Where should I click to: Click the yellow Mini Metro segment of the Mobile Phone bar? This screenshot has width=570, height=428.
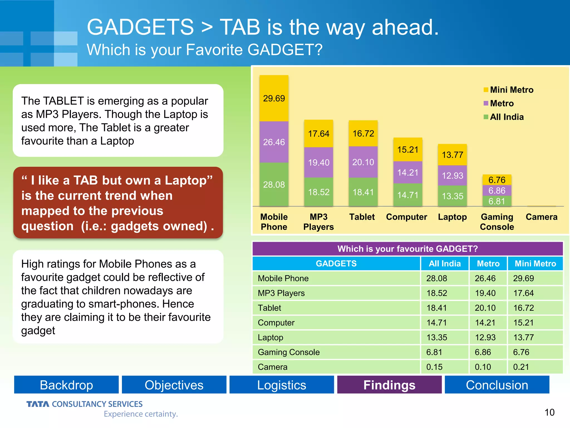point(274,98)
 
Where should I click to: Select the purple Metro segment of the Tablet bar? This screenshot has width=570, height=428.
point(363,162)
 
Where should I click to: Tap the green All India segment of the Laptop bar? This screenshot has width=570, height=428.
point(452,196)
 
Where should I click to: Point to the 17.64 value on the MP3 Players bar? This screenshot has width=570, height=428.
point(318,134)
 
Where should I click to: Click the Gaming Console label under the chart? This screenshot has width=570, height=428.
point(497,222)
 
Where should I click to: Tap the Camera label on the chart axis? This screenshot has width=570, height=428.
point(541,217)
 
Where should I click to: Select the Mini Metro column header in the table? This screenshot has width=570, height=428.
point(535,264)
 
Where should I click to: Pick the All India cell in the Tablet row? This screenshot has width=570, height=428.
point(437,308)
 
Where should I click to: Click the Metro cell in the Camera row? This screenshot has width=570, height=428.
point(483,367)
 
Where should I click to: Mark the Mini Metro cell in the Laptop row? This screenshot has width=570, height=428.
point(524,337)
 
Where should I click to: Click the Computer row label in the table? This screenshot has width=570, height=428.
point(276,323)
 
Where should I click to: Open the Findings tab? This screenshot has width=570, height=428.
point(389,385)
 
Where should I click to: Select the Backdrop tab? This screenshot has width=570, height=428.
point(66,385)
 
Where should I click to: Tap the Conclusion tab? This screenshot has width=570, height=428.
point(497,385)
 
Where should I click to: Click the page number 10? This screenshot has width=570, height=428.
point(549,412)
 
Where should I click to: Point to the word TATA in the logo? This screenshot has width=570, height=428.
point(38,404)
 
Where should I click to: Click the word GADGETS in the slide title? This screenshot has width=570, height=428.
point(140,27)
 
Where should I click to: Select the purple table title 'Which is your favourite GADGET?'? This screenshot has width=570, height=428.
point(407,249)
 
